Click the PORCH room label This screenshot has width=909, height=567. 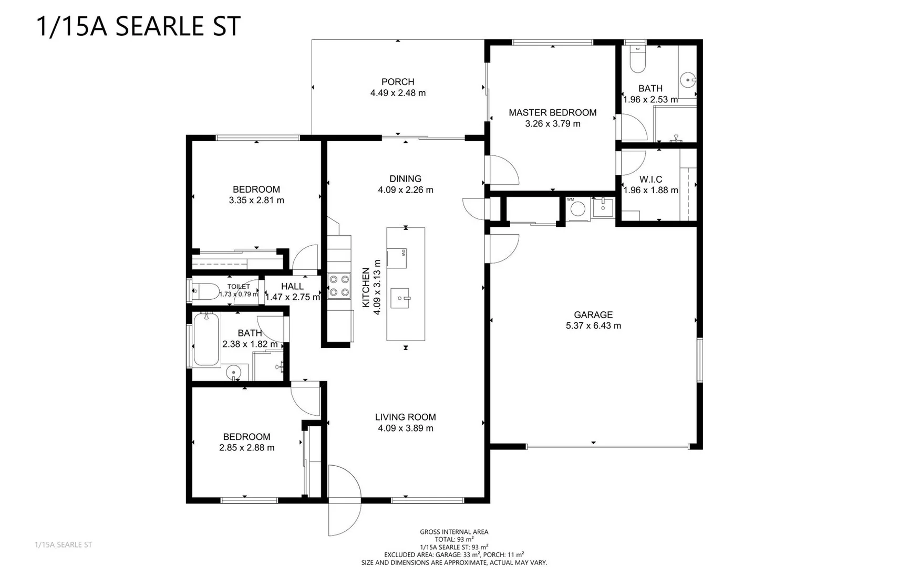398,82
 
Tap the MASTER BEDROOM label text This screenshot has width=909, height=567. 552,112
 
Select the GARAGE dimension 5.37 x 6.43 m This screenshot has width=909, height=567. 593,325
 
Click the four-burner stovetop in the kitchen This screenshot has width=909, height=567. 339,286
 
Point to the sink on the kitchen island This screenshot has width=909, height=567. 400,298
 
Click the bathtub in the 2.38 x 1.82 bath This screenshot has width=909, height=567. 206,339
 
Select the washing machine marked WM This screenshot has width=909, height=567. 577,208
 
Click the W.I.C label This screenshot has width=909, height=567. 650,180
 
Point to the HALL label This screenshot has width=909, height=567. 292,286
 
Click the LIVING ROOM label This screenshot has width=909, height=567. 405,417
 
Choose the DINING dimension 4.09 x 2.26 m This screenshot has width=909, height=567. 405,190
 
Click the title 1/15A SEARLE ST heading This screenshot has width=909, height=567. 138,26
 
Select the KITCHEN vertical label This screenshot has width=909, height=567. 366,288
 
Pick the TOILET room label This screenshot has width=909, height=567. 239,287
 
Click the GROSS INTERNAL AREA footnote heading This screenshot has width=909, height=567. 453,532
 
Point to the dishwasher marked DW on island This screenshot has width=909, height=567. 397,257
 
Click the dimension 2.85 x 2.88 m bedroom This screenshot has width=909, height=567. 246,448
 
